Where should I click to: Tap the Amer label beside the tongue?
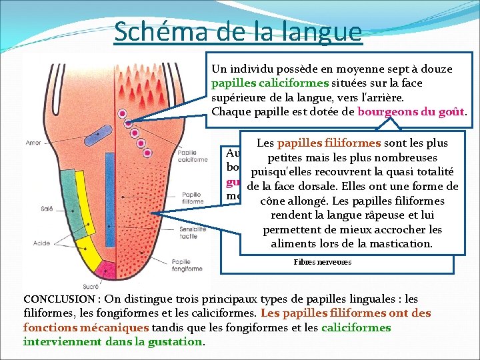point(33,143)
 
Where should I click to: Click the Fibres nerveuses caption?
point(322,262)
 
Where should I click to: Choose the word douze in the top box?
point(436,69)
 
